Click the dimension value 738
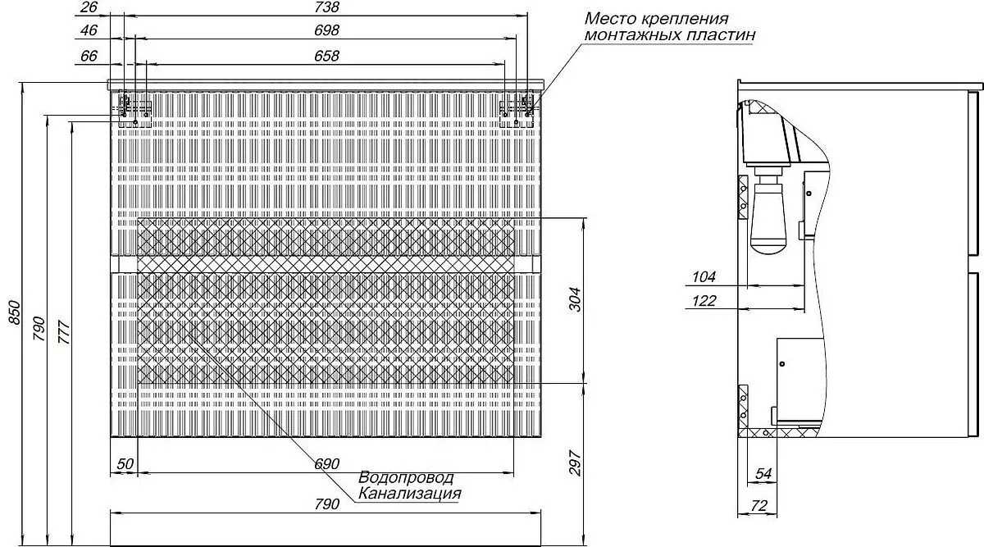pos(327,7)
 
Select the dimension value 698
pos(327,30)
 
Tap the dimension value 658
pos(327,57)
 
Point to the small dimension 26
pos(89,7)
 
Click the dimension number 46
pos(89,30)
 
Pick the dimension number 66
pos(89,57)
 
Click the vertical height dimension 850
pos(14,312)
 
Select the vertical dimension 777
pos(64,333)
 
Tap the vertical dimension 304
pos(575,299)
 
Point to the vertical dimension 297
pos(575,463)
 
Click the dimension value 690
pos(327,464)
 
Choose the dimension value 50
pos(125,464)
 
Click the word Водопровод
pos(406,477)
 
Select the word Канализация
pos(410,494)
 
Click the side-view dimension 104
pos(704,277)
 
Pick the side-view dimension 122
pos(704,301)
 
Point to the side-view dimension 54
pos(763,474)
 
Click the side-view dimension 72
pos(758,506)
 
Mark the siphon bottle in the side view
pos(768,219)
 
